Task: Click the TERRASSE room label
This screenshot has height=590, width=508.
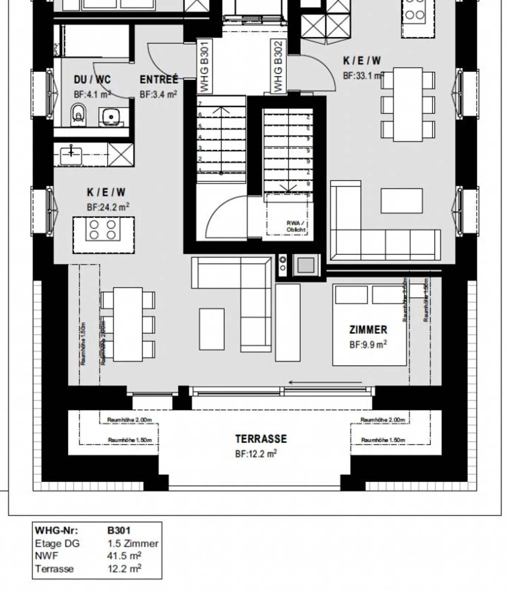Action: tap(261, 439)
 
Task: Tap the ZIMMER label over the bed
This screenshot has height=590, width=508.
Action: tap(368, 330)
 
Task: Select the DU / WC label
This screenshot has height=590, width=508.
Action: tap(92, 80)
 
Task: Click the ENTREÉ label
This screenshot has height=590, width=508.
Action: tap(159, 80)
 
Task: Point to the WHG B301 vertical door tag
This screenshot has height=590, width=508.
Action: tap(204, 66)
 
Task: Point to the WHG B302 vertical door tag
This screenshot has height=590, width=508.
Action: tap(278, 66)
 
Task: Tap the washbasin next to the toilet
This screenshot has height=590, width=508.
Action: tap(111, 116)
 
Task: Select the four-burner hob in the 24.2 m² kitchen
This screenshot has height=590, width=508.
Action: tap(103, 230)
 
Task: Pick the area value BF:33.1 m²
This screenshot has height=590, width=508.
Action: tap(363, 76)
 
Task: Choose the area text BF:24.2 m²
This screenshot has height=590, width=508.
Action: tap(108, 207)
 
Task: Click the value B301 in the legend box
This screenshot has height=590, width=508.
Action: tap(119, 530)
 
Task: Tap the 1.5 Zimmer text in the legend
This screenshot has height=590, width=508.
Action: tap(133, 543)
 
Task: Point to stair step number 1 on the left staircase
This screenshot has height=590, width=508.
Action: tap(200, 171)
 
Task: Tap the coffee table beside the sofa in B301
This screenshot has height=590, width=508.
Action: tap(211, 329)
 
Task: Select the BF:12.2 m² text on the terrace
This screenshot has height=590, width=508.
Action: tap(256, 454)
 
